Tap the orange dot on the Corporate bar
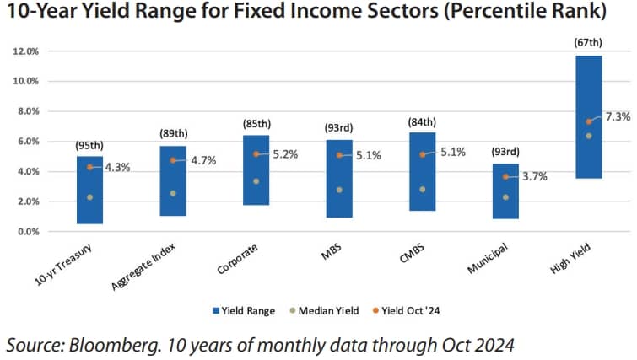point(256,154)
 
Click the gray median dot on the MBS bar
point(339,190)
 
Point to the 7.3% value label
point(618,117)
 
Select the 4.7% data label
point(203,160)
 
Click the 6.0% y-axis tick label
point(29,142)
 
